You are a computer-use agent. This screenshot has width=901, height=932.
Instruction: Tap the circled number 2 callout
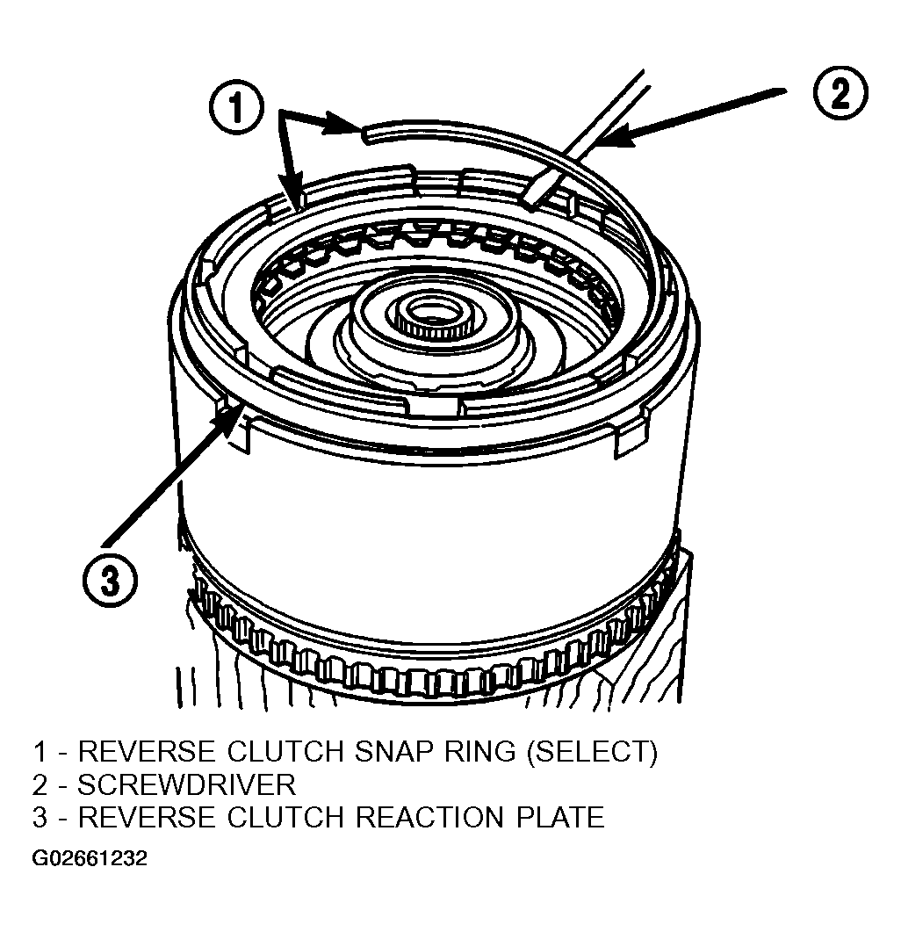840,93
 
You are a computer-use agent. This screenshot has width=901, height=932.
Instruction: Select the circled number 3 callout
110,579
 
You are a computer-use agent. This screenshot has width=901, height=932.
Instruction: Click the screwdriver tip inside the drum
528,203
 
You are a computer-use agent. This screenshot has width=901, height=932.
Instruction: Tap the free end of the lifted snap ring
364,134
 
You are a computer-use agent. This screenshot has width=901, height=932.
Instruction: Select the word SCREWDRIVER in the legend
186,785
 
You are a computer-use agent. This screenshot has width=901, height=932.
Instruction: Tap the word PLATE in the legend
560,817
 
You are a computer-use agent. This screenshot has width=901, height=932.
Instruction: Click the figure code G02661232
90,859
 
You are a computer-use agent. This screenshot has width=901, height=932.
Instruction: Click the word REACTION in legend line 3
429,817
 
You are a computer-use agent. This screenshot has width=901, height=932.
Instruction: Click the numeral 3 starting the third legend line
40,817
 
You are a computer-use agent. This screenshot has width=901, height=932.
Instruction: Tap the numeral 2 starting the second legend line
40,785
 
